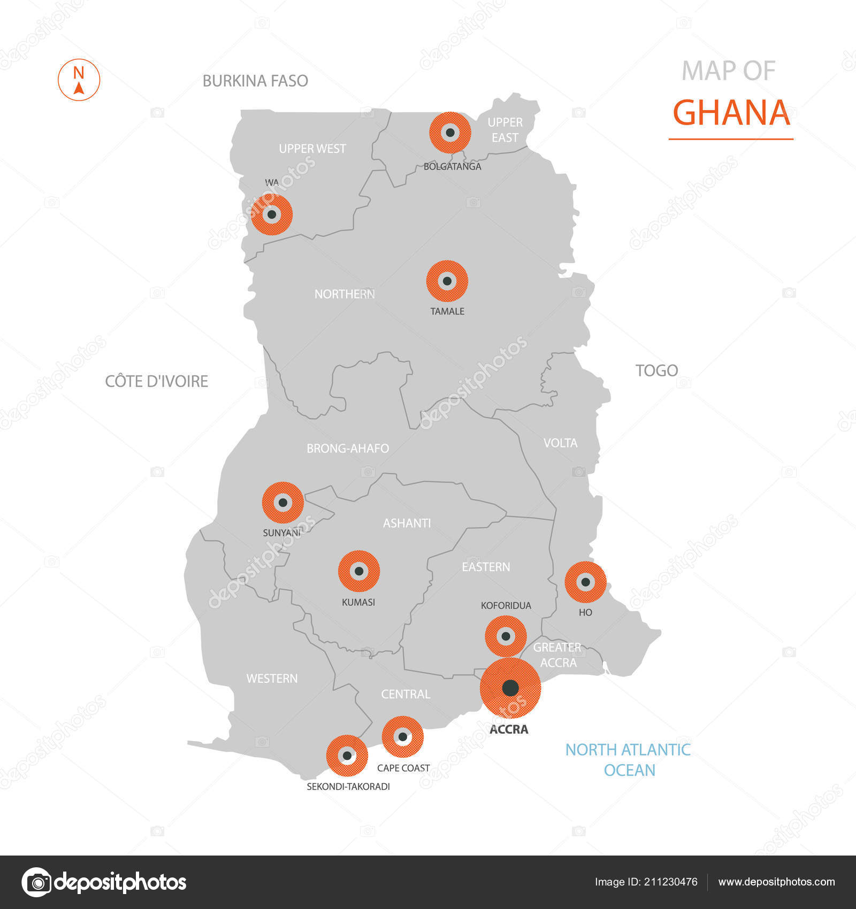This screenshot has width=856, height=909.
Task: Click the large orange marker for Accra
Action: tap(510, 688)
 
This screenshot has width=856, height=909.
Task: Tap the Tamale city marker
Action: tap(447, 281)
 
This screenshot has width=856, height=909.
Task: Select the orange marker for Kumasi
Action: tap(359, 571)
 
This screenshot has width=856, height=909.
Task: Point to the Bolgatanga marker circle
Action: tap(450, 133)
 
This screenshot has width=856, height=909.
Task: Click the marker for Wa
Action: tap(272, 214)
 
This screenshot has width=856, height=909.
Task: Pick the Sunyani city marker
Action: tap(282, 503)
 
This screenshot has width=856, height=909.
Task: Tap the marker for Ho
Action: tap(585, 582)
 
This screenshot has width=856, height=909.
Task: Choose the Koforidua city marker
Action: tap(506, 636)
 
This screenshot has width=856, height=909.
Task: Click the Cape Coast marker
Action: tap(402, 737)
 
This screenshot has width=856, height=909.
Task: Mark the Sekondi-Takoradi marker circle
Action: tap(347, 756)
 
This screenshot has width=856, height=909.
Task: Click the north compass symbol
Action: tap(79, 80)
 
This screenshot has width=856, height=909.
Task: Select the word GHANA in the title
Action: tap(731, 113)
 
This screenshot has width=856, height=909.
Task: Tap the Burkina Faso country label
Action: tap(255, 81)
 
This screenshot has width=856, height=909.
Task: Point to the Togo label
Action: tap(656, 371)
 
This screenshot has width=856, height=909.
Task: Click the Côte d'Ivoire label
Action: tap(156, 381)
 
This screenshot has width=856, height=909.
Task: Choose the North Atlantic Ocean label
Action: tap(628, 760)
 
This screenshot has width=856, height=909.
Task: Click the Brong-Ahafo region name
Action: tap(347, 449)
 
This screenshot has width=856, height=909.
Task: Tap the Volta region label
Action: tap(560, 443)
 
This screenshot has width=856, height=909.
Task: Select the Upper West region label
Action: tap(312, 149)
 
